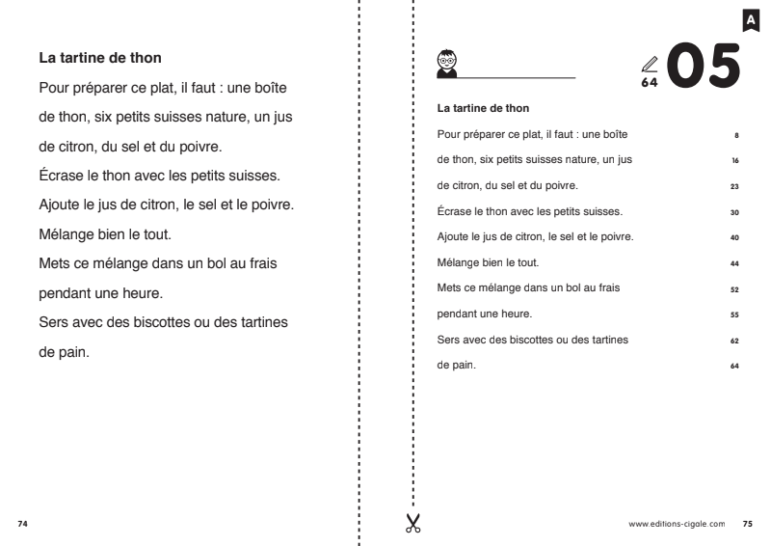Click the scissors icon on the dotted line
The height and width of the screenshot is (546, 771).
[412, 523]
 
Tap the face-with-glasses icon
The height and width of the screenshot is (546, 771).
[446, 62]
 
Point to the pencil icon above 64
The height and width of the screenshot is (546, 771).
[649, 64]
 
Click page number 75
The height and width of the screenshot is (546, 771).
[748, 525]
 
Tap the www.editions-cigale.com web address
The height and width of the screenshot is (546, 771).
[677, 525]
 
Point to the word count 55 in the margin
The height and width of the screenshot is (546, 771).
[735, 314]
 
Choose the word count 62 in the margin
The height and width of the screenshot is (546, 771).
[735, 341]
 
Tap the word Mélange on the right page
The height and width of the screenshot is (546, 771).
[460, 262]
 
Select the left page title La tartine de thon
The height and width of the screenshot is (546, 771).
[106, 60]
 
